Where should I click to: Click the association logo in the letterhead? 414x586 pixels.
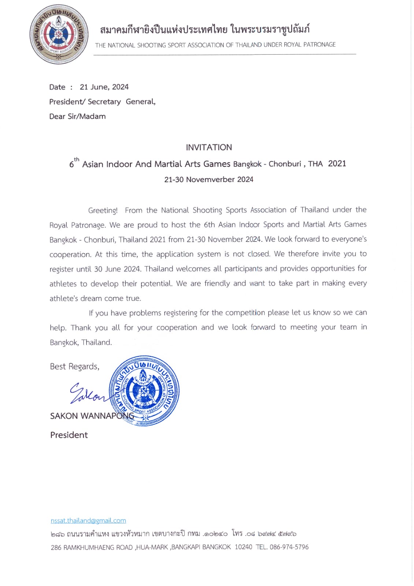coord(59,34)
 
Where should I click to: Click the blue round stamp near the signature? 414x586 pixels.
coord(144,390)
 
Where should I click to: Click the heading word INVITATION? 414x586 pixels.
coord(209,147)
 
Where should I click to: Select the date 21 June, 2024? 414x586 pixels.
coord(104,87)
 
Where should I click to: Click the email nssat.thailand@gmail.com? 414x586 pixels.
coord(88,520)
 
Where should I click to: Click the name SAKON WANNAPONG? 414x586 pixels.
coord(92,416)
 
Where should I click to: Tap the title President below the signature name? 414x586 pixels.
coord(69,435)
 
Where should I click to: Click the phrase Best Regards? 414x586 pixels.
coord(74,367)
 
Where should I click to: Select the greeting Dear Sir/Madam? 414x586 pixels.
coord(77,116)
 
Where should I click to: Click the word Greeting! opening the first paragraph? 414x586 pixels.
coord(103,211)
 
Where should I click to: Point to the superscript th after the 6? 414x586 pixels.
coord(77,159)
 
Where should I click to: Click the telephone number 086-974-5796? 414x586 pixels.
coord(289,547)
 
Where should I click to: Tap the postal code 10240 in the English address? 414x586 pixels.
coord(243,547)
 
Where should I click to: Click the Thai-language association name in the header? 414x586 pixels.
coord(205,29)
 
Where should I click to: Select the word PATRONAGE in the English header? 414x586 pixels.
coord(319,45)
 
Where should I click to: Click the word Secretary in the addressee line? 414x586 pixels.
coord(104,102)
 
